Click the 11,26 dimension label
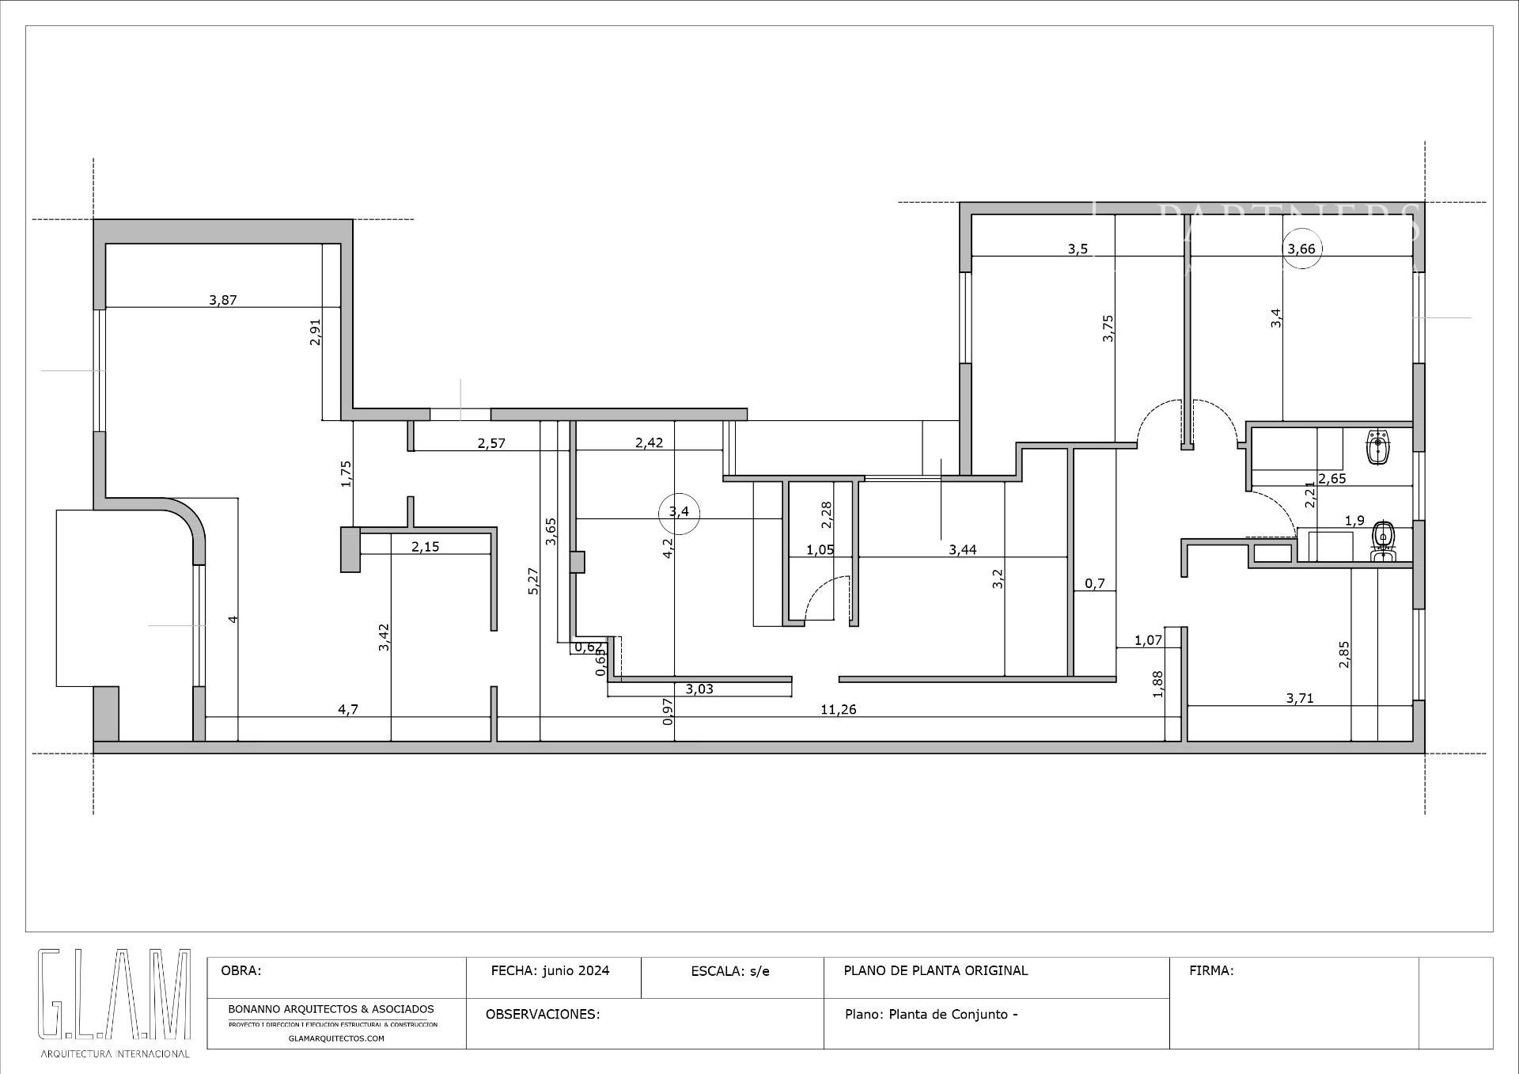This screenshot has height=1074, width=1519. point(838,710)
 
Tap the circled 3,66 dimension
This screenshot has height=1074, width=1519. point(1301,249)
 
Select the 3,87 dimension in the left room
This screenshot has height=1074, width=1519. point(223,301)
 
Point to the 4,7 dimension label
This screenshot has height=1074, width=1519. point(348,710)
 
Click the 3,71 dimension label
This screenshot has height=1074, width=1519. point(1300,698)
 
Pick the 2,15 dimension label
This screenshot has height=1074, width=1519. point(425,547)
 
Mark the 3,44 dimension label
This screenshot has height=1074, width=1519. point(963,550)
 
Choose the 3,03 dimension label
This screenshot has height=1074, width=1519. point(699,689)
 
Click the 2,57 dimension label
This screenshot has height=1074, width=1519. point(491,443)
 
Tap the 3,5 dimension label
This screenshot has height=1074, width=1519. point(1078,249)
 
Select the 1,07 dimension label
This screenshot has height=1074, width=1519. point(1148,640)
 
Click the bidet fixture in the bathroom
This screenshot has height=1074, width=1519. point(1377,447)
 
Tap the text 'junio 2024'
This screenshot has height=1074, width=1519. point(576,970)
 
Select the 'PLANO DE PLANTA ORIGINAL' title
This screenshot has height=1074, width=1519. point(936,970)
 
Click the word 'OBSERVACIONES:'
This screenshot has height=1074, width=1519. point(543,1015)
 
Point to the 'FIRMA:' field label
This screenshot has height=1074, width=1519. point(1211,970)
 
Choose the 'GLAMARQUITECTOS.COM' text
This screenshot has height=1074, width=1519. point(336,1038)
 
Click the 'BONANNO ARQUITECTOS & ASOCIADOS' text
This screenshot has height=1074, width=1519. point(331,1009)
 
